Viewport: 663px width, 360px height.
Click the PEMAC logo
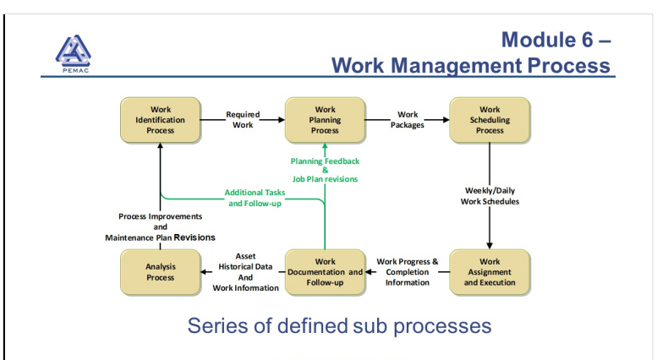click(73, 54)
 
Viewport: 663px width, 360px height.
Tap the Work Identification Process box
click(161, 120)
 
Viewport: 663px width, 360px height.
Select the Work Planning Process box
click(325, 120)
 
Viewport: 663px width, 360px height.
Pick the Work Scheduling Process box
click(490, 120)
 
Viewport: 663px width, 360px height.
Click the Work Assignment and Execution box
click(490, 272)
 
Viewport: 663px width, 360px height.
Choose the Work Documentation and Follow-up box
click(325, 272)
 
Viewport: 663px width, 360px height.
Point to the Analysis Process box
click(161, 272)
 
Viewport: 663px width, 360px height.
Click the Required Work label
click(243, 120)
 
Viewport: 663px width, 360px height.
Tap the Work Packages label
click(408, 120)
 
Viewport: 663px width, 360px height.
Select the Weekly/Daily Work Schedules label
click(490, 196)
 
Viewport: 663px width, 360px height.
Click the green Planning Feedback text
click(325, 161)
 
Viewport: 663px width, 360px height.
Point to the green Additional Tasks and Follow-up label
click(255, 198)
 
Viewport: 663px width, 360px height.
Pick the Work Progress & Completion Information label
click(408, 272)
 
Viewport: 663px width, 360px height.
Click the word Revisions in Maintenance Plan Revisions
click(195, 237)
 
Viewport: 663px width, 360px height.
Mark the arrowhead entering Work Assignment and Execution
click(490, 246)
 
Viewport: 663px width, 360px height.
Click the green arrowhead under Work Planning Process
click(325, 146)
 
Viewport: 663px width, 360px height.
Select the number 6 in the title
click(587, 40)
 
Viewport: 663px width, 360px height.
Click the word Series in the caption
click(217, 326)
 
